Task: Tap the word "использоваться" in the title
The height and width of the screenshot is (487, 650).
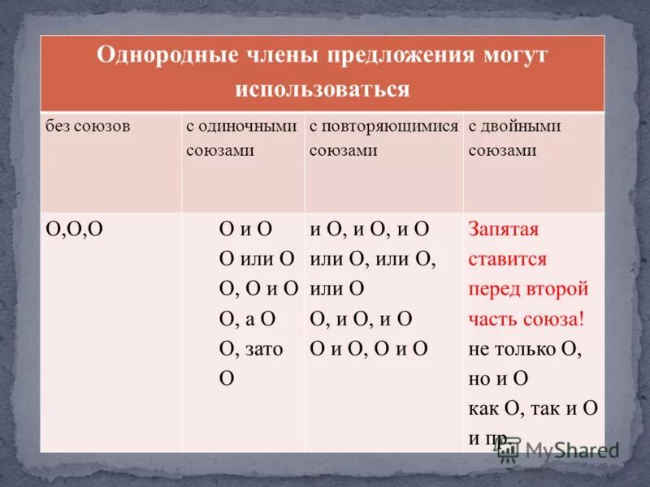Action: coord(323,88)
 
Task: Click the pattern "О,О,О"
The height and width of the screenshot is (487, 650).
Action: coord(73,230)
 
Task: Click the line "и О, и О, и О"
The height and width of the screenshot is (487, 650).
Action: coord(370,230)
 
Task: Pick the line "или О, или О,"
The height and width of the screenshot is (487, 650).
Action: coord(373,259)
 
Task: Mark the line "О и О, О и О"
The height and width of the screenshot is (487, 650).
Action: coord(369,349)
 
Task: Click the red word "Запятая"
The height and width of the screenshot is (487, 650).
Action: coord(504,230)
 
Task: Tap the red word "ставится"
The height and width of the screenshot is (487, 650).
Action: coord(508,260)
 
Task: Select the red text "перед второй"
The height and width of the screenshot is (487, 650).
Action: coord(528,289)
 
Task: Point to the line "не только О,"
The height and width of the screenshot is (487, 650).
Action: coord(526,349)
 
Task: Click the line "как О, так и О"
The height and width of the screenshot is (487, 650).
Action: coord(533,408)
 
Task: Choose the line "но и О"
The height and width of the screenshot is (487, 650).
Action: coord(499,379)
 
